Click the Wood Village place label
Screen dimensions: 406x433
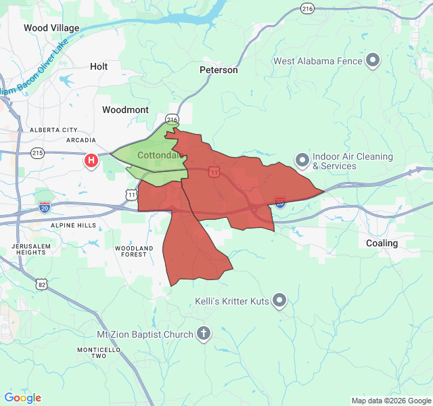51,28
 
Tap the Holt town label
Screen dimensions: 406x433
99,66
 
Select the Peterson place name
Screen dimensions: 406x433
219,70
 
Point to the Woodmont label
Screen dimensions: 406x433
125,109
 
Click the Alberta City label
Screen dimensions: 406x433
53,130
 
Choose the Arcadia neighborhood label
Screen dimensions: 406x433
81,140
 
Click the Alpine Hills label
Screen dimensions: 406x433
72,225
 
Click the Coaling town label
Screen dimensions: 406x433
382,243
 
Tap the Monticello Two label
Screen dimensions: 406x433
99,353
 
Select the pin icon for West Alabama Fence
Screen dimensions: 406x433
372,62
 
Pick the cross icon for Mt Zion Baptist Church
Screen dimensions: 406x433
204,334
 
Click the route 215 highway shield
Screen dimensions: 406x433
38,154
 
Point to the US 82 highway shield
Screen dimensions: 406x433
42,285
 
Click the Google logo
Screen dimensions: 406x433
22,398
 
